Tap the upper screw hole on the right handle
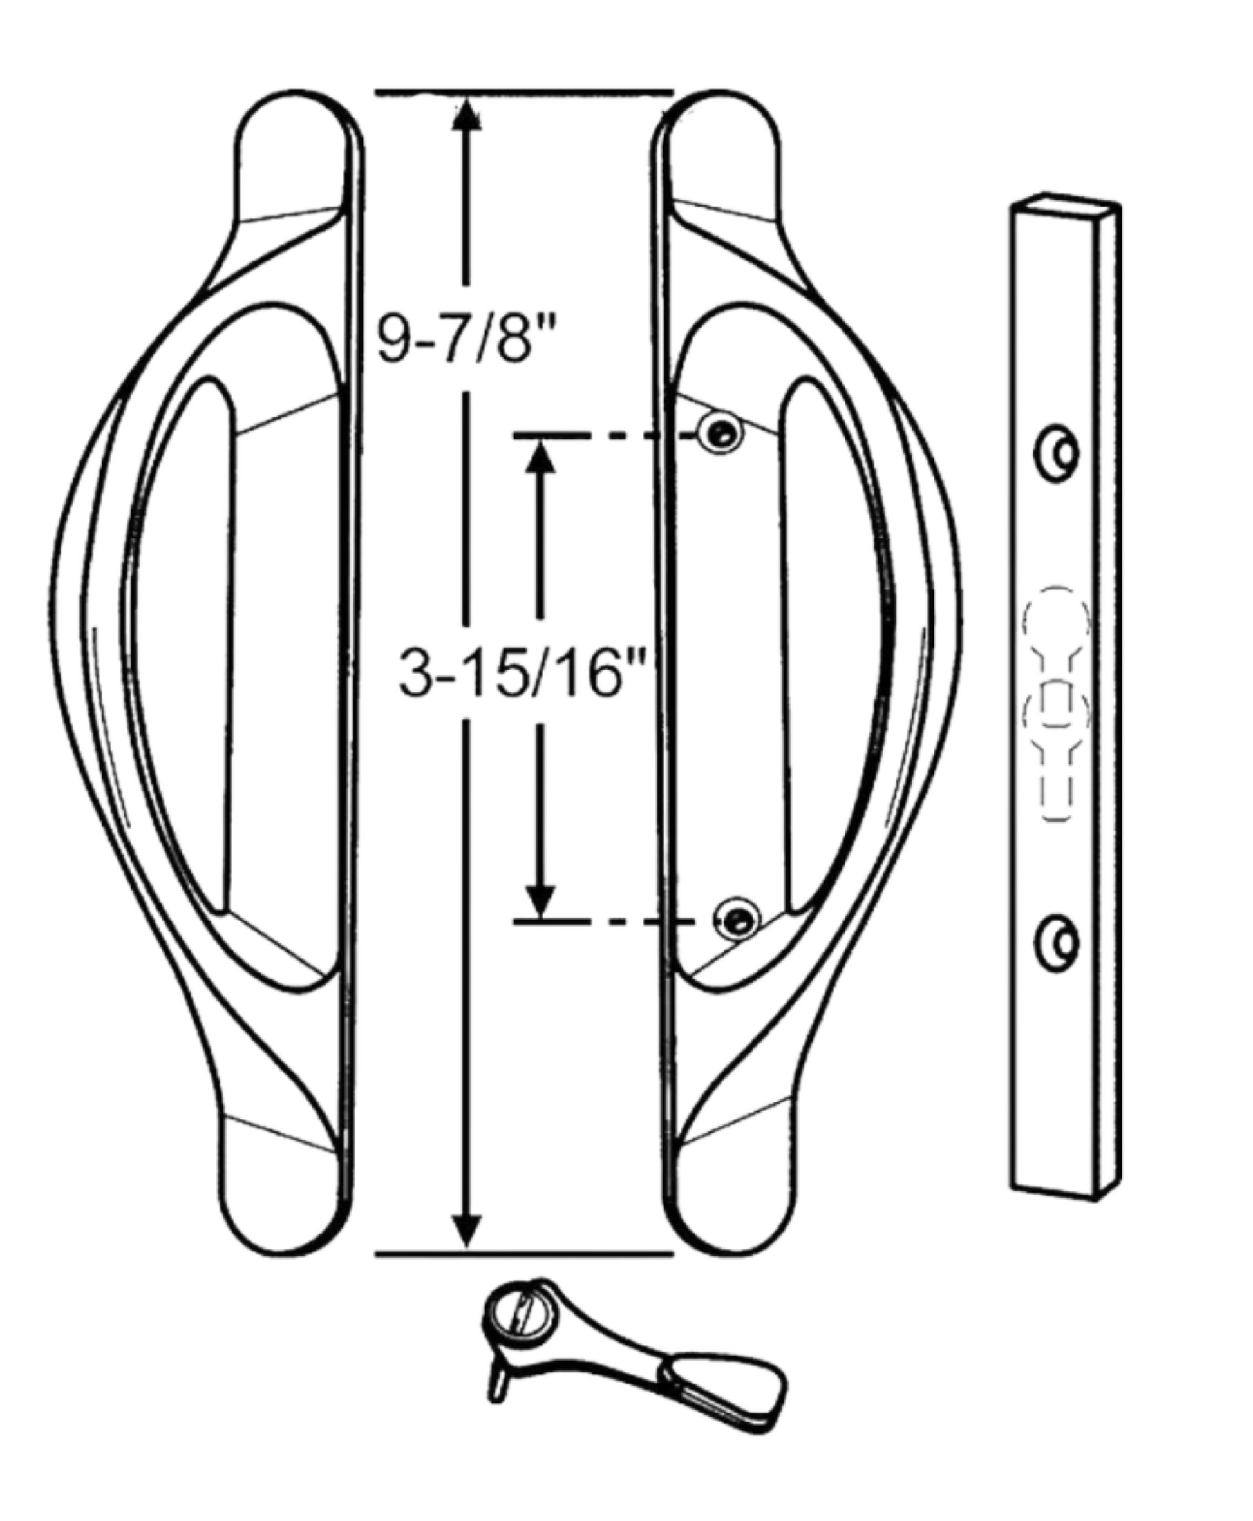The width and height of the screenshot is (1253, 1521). click(719, 433)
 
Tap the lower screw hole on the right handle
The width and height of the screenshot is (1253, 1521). click(736, 919)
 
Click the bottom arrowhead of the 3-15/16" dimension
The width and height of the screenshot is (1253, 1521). click(540, 901)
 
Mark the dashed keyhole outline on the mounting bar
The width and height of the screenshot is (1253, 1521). click(1056, 700)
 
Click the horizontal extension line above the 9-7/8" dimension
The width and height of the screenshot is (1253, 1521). click(524, 92)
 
